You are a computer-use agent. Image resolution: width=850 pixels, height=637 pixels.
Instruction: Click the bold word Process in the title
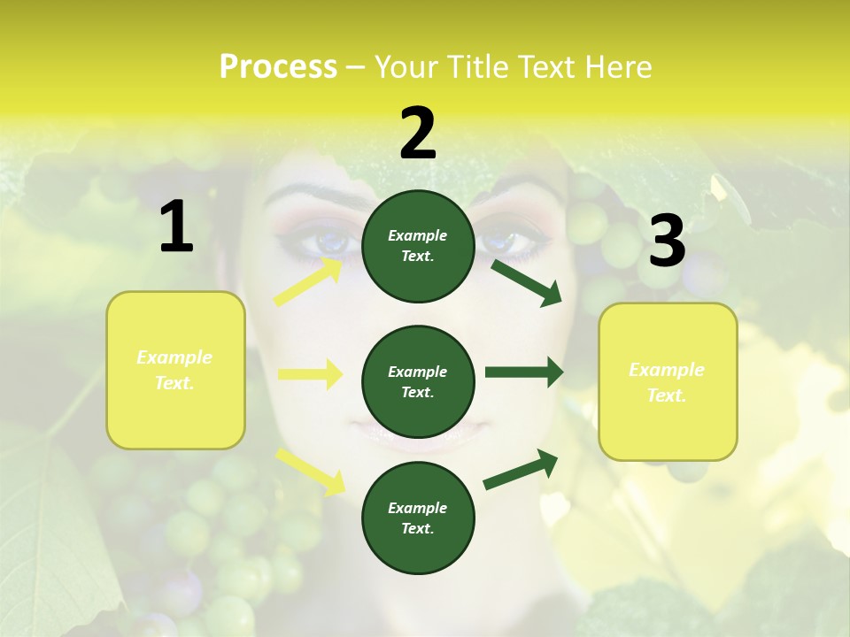[278, 67]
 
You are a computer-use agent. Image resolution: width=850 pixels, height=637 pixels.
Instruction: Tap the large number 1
[176, 227]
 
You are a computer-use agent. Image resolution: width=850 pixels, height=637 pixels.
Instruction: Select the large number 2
[418, 134]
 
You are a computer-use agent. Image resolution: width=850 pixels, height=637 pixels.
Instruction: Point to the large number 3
[667, 242]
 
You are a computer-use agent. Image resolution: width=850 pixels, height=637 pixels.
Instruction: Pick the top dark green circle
[419, 246]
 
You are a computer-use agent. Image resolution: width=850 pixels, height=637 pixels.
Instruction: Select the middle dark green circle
[419, 381]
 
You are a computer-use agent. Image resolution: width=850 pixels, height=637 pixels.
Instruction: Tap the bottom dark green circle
[419, 518]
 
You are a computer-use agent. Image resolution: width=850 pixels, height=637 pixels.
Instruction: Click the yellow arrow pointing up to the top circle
[309, 282]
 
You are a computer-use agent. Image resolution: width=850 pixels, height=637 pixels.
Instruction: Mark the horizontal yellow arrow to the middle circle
[310, 374]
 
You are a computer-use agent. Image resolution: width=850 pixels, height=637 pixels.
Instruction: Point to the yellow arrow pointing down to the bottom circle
[310, 470]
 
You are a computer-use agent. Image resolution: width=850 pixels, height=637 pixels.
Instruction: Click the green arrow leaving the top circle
[527, 282]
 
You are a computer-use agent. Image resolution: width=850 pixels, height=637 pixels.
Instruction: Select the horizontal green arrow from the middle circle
[523, 372]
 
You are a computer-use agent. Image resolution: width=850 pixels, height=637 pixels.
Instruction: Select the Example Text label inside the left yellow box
[174, 370]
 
